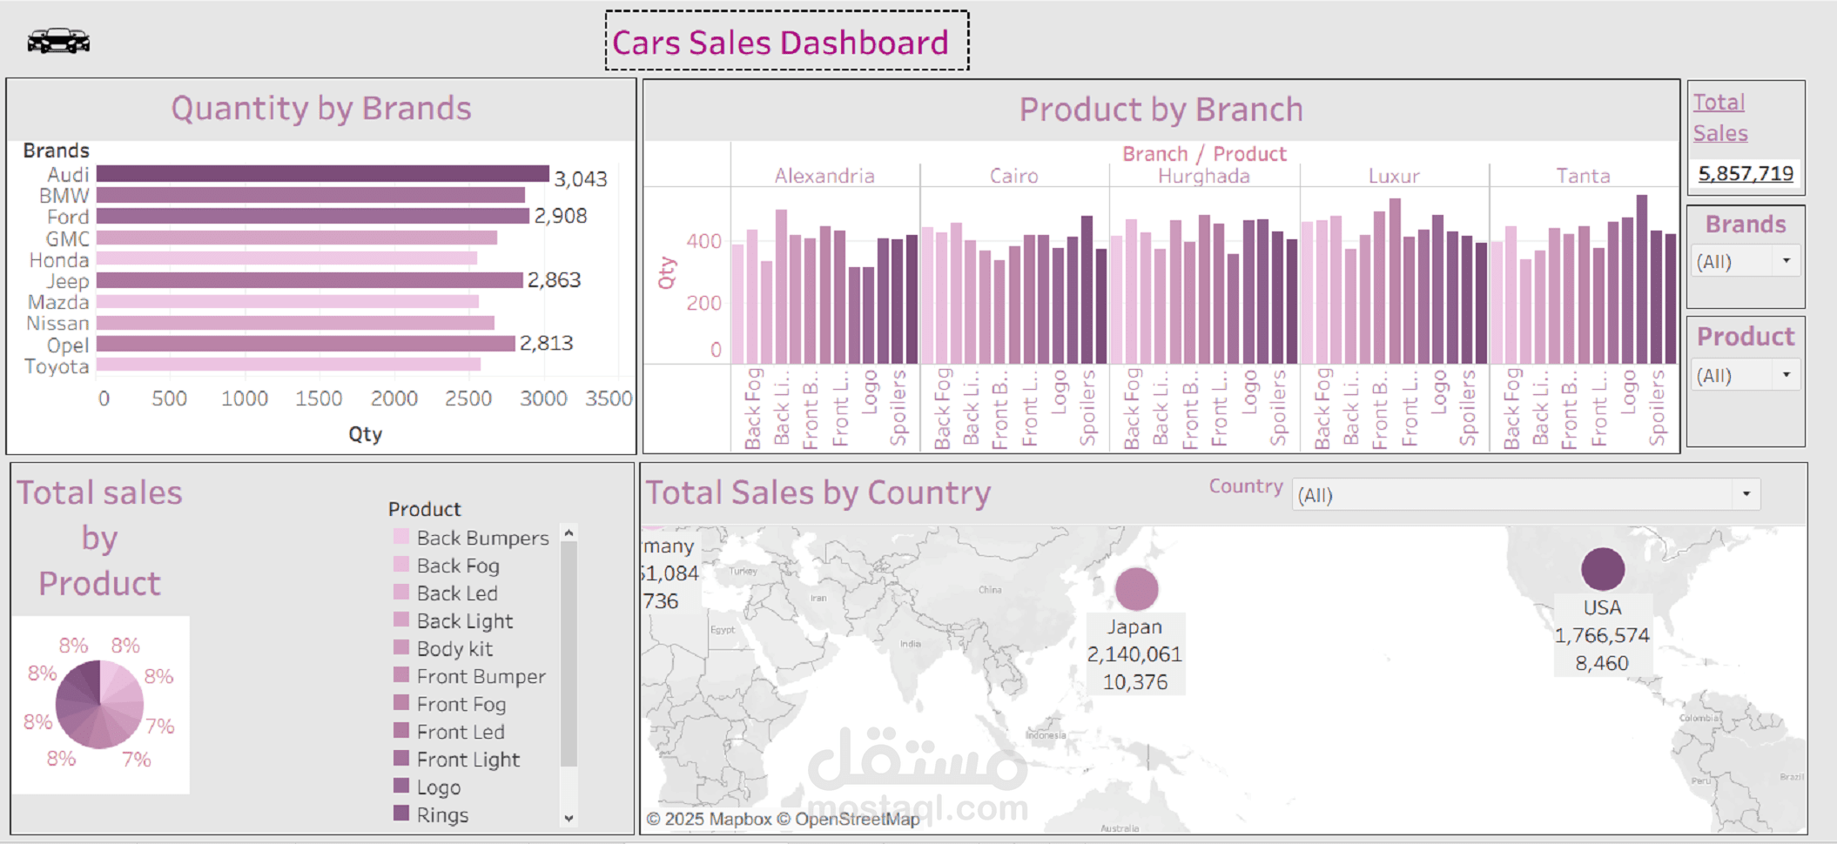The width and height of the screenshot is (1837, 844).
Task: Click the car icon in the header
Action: point(58,41)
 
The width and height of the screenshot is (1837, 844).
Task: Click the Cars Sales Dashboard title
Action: point(780,43)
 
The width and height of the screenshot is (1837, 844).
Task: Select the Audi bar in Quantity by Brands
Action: point(322,174)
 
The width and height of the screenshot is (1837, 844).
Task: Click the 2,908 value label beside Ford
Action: point(561,216)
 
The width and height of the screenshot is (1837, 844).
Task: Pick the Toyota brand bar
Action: point(287,365)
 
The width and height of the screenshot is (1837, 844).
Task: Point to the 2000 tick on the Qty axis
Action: point(394,399)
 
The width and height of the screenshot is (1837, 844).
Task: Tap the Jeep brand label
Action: point(68,281)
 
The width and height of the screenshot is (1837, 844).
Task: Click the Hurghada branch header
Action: point(1203,177)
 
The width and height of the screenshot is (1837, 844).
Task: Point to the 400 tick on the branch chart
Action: point(703,241)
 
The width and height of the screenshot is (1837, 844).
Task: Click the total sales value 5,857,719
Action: point(1745,173)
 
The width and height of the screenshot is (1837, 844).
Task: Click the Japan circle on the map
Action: point(1136,589)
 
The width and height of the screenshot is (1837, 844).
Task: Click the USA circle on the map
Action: point(1602,569)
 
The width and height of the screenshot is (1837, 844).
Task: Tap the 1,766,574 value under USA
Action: point(1601,636)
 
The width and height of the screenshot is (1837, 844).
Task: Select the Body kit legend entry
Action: point(454,649)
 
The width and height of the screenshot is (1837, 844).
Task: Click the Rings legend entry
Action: point(441,815)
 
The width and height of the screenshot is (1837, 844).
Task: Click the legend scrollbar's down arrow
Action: point(569,818)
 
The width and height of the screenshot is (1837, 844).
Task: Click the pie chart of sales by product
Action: point(100,705)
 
